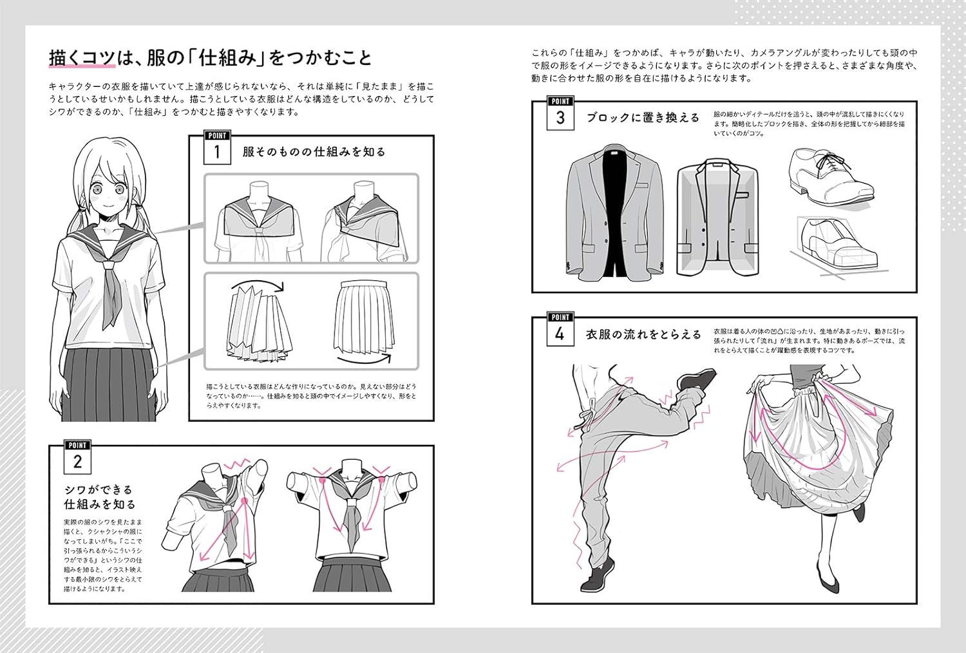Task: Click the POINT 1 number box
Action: [x=217, y=152]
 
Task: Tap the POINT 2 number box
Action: [x=78, y=461]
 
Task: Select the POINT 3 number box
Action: [x=560, y=118]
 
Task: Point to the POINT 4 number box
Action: [x=560, y=334]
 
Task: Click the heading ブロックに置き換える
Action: [x=642, y=118]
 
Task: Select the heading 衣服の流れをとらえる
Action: [x=643, y=334]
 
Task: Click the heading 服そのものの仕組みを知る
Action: [x=314, y=152]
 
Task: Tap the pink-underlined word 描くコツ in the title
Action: [x=82, y=58]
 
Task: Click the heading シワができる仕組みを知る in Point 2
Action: [x=99, y=497]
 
